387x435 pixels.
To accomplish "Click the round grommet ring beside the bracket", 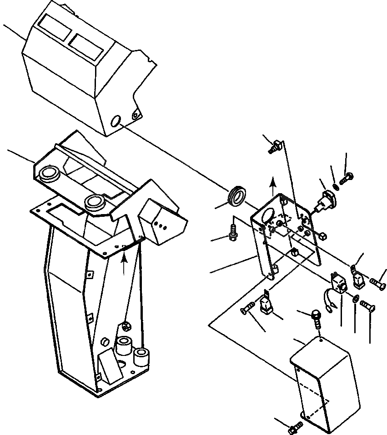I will (x=237, y=195).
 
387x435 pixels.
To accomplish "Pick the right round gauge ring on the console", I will (x=95, y=200).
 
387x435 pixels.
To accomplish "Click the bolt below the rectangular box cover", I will (x=295, y=426).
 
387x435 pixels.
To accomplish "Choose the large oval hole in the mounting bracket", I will (x=268, y=215).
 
